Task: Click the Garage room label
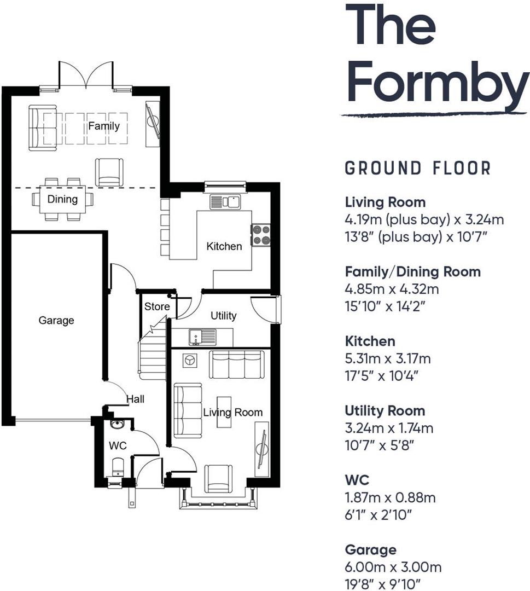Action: [56, 321]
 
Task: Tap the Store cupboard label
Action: [156, 307]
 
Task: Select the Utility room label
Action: [223, 316]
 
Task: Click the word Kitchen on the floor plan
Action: [224, 247]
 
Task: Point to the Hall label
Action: [135, 399]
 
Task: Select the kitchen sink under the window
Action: [225, 202]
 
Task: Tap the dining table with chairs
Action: [62, 199]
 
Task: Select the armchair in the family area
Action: [109, 172]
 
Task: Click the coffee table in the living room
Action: [224, 412]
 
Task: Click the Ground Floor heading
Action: [418, 168]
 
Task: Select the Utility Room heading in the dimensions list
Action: [385, 410]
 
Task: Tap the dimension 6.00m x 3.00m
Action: [393, 567]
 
